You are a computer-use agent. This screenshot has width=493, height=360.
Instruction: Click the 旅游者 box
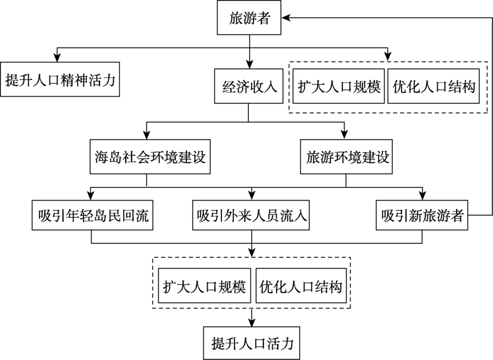249,18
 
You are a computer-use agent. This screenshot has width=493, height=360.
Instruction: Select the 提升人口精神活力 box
60,79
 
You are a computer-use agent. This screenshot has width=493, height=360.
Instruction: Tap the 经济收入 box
249,86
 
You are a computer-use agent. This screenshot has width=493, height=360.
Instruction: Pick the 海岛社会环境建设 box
150,157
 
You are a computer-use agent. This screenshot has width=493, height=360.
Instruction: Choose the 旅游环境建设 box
346,157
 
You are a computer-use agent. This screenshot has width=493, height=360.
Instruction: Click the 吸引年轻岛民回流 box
93,215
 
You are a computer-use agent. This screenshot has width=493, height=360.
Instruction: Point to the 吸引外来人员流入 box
251,215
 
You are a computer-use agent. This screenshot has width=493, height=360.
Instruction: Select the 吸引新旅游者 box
422,215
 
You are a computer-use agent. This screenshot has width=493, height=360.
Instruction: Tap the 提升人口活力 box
251,343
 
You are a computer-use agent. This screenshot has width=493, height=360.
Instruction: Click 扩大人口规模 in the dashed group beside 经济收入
339,86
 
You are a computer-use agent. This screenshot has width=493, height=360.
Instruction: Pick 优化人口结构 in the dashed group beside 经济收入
434,86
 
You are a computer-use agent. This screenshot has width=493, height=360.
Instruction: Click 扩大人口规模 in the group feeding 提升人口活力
204,285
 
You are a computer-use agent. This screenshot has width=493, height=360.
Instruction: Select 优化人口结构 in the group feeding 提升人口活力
301,285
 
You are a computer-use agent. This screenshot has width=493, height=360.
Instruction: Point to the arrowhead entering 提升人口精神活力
57,58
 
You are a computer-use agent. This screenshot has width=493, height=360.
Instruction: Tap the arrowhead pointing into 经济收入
249,65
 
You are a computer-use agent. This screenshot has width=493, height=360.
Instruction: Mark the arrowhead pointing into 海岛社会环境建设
146,135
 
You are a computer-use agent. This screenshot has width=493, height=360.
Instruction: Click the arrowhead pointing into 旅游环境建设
345,135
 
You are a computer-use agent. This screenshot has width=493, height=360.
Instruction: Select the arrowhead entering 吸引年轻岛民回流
90,196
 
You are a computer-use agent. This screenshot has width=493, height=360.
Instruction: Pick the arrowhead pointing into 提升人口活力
251,322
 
